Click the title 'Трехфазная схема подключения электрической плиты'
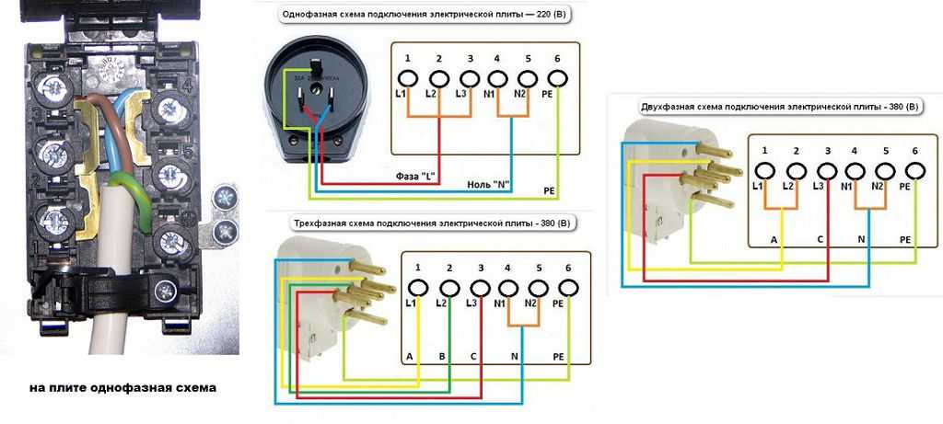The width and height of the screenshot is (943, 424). click(412, 223)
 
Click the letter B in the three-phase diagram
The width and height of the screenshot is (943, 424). click(442, 355)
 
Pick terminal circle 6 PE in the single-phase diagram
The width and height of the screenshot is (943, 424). click(557, 79)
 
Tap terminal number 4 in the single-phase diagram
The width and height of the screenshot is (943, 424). click(497, 59)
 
